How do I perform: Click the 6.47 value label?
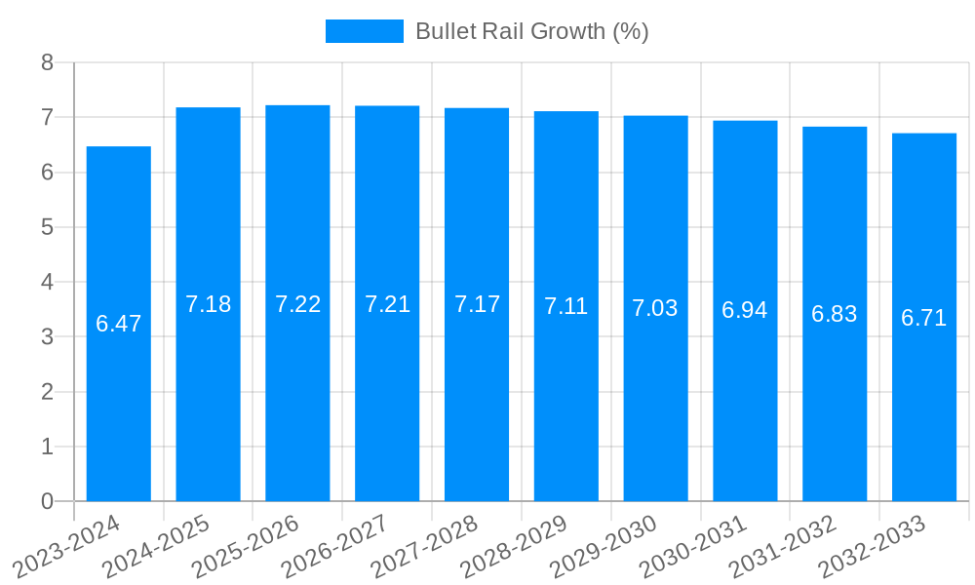119,324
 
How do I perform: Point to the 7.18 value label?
209,304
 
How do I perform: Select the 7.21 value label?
387,304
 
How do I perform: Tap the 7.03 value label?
655,309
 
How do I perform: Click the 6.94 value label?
745,311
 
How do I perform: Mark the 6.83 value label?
835,314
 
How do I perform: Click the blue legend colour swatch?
364,31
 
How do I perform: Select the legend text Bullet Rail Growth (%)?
532,31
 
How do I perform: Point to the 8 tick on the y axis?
47,62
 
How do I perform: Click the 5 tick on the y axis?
47,227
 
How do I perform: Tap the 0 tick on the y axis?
47,501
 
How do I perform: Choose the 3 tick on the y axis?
47,337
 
